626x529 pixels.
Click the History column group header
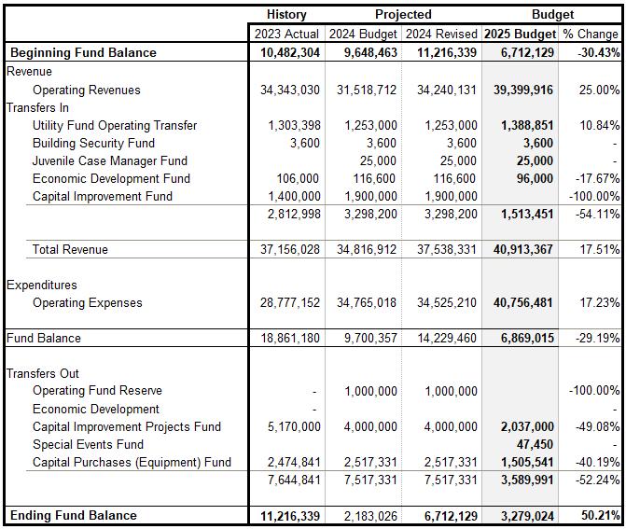click(286, 15)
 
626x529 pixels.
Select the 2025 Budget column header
click(521, 34)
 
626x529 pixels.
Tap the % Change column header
click(591, 34)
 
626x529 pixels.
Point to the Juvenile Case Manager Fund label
click(110, 161)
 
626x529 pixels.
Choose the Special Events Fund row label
click(89, 444)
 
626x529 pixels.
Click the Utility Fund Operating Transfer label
click(115, 126)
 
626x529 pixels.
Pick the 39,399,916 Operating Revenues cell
click(521, 90)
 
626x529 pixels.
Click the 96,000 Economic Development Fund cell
click(533, 179)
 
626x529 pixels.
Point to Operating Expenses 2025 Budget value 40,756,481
click(521, 303)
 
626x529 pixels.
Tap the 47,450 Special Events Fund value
click(535, 445)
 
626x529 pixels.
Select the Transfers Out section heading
click(43, 374)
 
